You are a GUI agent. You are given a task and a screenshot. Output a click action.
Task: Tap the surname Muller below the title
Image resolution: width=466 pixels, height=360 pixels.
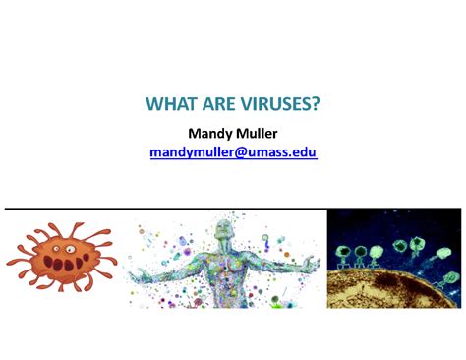[258, 132]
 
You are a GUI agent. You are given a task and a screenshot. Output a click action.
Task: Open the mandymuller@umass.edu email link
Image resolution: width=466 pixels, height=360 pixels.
[233, 152]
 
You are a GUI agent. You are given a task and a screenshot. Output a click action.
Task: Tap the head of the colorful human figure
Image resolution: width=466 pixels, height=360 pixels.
[227, 227]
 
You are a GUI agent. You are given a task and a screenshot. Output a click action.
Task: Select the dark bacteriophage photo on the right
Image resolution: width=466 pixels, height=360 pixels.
[393, 259]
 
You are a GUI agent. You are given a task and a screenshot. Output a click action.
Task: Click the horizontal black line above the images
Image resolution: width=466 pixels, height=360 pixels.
[233, 209]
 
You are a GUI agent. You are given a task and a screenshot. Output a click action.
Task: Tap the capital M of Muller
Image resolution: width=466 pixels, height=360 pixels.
[239, 132]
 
